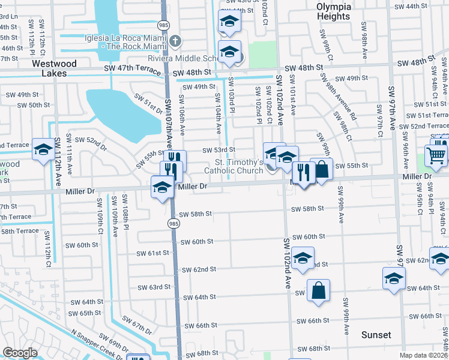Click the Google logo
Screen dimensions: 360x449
point(20,352)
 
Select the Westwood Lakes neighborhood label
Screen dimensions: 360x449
point(55,68)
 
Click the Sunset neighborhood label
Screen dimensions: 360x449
point(376,335)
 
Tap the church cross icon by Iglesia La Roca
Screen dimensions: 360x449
point(175,41)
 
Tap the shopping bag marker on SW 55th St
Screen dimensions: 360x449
point(322,169)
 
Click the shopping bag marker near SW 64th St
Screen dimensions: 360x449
point(318,290)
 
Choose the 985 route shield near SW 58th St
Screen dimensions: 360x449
point(173,223)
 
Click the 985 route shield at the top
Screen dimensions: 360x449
point(164,25)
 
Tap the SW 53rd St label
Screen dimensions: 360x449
point(218,149)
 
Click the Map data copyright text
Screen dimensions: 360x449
point(424,355)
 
